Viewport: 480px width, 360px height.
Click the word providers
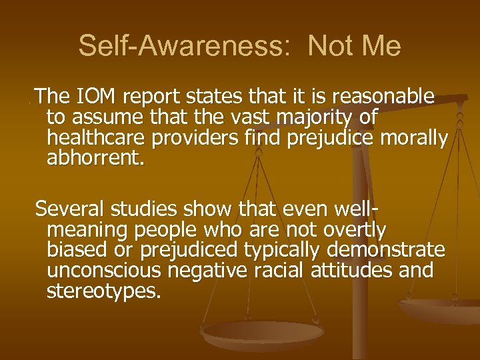coord(199,139)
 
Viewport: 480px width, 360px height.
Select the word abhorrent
coord(95,159)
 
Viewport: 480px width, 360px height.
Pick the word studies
coord(140,209)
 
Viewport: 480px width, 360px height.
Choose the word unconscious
coord(106,271)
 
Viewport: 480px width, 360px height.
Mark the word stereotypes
coord(104,291)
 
